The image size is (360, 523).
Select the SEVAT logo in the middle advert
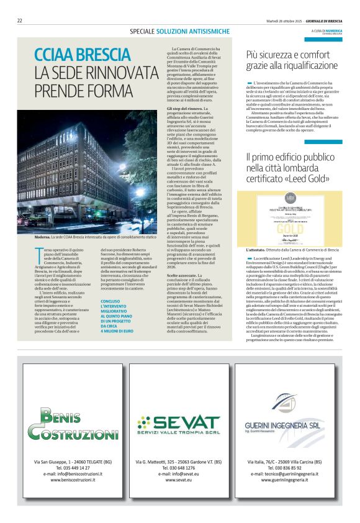click(x=179, y=425)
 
